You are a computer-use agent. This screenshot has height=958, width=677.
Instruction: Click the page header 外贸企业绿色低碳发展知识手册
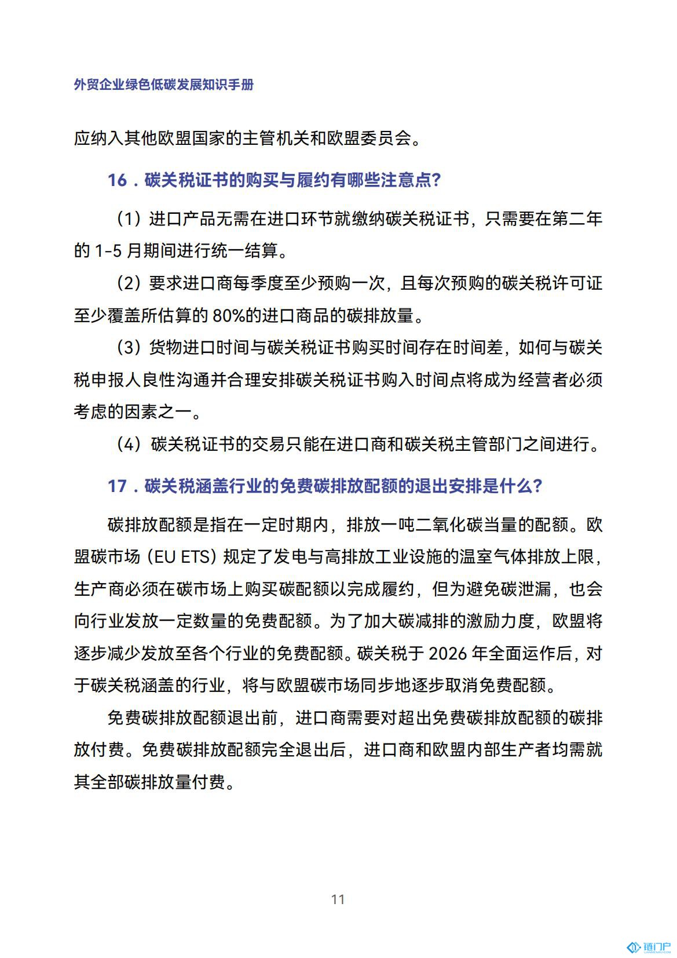click(164, 85)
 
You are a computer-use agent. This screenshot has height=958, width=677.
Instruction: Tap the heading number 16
click(117, 180)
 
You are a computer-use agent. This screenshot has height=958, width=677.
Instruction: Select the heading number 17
click(117, 486)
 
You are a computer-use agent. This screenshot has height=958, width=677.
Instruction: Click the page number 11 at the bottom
click(338, 899)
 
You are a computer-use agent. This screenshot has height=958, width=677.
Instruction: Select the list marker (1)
click(129, 219)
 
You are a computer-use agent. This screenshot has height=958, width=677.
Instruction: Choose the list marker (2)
click(129, 283)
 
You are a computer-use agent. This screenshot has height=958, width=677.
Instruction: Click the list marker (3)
click(129, 348)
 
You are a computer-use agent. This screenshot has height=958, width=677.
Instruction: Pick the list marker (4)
click(129, 445)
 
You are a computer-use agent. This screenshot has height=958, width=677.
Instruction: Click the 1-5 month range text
click(107, 252)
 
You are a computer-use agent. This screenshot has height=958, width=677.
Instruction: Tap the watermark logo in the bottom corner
click(649, 947)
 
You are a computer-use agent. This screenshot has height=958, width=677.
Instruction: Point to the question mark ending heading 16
click(436, 180)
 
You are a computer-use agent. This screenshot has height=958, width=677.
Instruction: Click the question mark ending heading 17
click(537, 486)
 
